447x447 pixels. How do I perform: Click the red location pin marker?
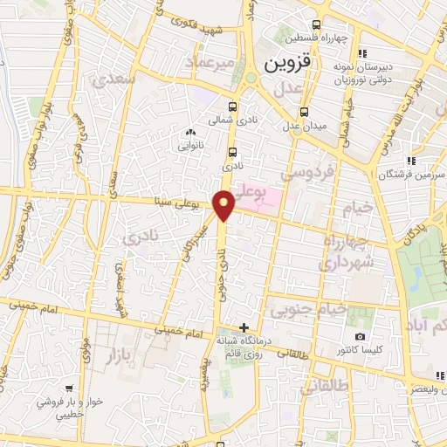click(x=224, y=204)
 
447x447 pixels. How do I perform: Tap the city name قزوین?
click(x=286, y=64)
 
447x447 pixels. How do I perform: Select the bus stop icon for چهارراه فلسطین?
click(x=315, y=25)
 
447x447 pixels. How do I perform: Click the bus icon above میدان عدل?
click(x=304, y=112)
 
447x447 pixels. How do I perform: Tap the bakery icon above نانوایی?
click(x=189, y=132)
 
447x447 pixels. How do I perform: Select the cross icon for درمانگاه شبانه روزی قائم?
click(x=255, y=327)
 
